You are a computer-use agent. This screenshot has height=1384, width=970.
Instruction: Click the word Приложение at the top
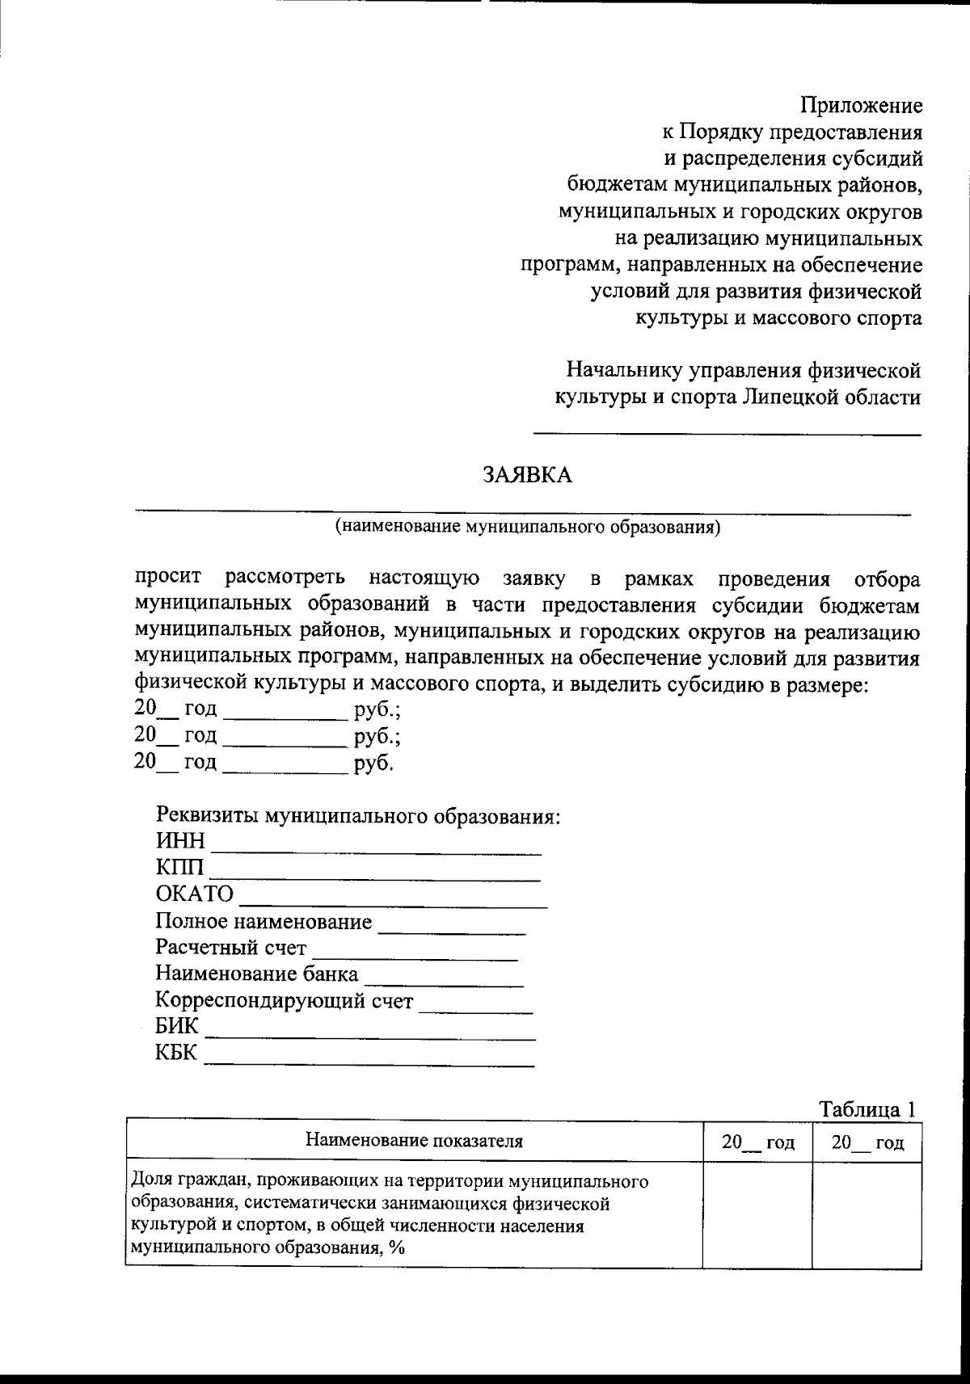861,106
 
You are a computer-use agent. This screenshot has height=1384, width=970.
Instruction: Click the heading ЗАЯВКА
527,475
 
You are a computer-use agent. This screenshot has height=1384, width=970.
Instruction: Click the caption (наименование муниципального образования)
527,528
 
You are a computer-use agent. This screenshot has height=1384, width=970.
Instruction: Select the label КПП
179,869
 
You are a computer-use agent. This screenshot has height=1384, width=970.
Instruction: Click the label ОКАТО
194,895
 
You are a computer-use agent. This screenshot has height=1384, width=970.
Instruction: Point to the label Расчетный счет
231,948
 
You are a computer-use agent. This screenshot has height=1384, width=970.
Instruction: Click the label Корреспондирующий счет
284,1001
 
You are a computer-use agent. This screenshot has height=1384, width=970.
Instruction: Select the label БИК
176,1027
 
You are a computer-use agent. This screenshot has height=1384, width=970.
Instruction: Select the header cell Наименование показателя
414,1141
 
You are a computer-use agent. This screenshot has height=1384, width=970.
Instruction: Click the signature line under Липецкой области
727,435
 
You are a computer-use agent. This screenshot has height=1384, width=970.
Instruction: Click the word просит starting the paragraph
168,578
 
